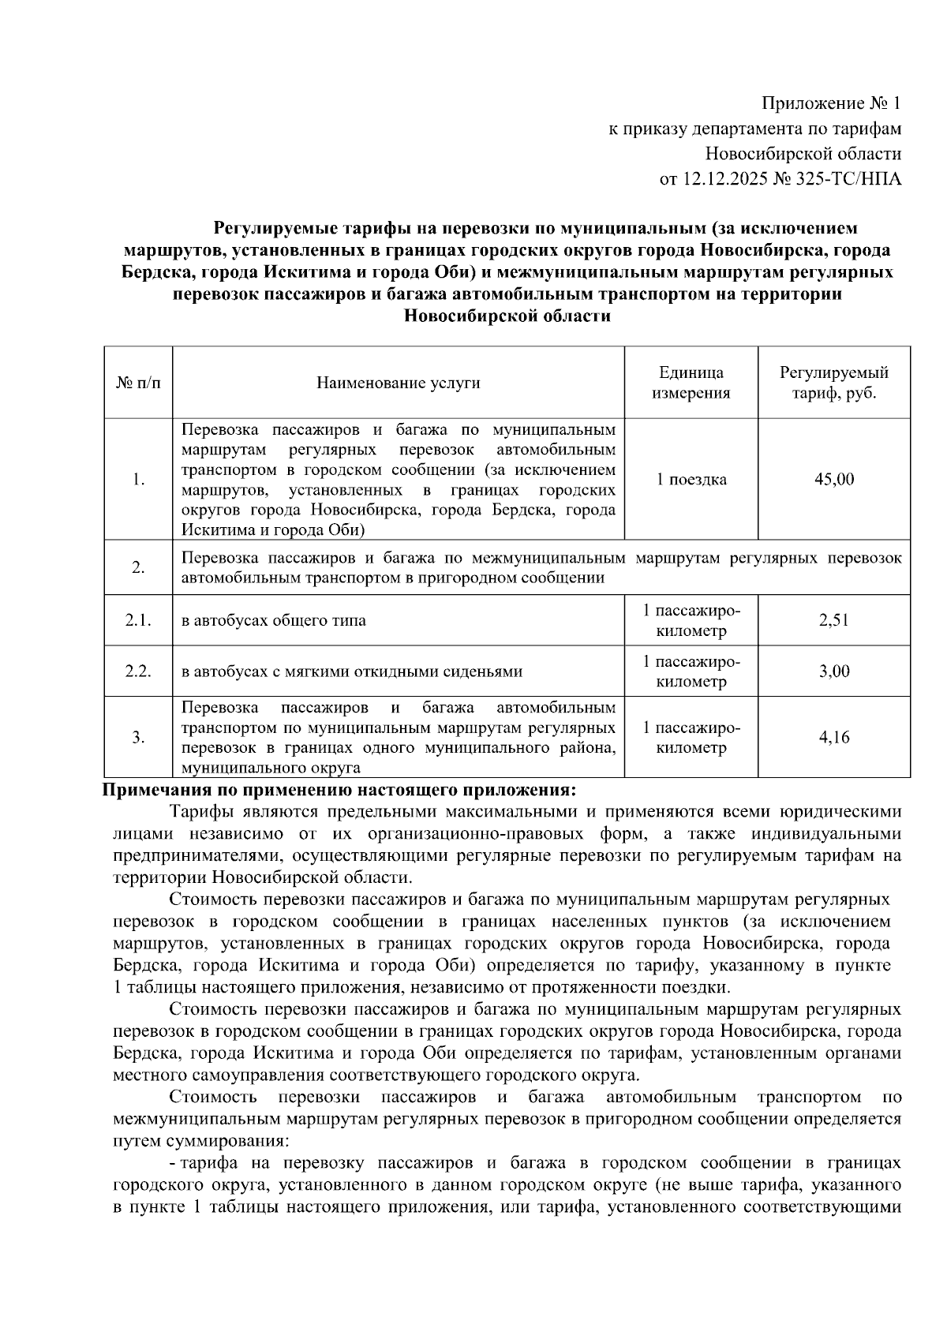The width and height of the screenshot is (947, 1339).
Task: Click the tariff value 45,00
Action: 833,479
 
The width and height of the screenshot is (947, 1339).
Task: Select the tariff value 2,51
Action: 833,620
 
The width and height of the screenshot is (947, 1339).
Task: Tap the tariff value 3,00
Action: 833,671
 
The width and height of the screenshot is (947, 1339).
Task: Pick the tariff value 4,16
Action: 833,738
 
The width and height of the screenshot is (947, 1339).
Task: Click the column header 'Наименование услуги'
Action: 398,383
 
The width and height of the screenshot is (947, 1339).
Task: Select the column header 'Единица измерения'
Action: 691,383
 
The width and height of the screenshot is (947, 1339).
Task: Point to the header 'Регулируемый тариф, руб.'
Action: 833,383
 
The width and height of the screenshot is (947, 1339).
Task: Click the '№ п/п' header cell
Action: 138,383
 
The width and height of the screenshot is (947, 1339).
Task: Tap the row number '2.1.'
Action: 138,620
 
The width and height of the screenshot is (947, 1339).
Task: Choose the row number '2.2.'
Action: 138,671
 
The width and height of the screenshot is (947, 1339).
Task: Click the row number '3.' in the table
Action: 138,738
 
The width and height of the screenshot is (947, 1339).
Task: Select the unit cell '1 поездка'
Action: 691,479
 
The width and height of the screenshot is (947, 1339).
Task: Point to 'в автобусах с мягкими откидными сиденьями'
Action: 351,671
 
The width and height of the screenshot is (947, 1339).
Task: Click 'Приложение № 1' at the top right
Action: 830,103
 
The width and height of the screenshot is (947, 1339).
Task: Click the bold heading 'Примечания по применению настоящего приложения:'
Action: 340,790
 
